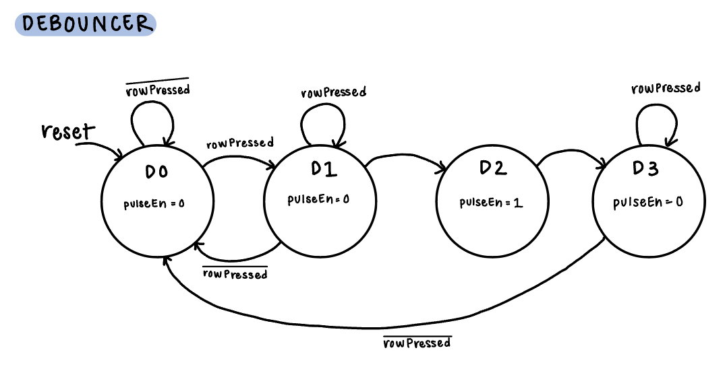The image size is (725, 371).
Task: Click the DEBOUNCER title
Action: coord(86,24)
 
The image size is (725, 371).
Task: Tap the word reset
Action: coord(68,131)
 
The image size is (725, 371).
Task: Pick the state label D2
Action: coord(492,168)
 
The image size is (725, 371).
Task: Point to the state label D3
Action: coord(645,168)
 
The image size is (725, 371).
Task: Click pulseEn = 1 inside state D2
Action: coord(492,203)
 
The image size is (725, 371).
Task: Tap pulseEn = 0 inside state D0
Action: coord(154,205)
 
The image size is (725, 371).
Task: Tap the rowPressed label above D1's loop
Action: coord(334,92)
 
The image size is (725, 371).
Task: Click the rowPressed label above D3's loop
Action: coord(666,88)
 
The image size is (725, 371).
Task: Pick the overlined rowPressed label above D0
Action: coord(158,90)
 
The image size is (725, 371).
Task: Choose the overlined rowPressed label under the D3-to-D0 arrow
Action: coord(416,343)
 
